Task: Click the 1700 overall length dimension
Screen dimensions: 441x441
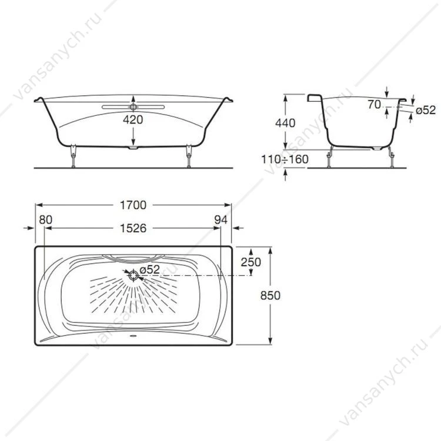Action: (x=133, y=205)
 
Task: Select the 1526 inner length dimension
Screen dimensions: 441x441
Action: (x=133, y=228)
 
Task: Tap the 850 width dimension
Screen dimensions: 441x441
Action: (x=270, y=295)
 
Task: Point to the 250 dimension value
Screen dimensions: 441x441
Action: (x=251, y=262)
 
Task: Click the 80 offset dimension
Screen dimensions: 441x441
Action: (x=45, y=220)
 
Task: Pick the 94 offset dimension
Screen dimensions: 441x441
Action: (x=220, y=220)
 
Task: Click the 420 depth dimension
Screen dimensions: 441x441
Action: (x=133, y=119)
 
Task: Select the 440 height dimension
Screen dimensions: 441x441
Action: (x=285, y=123)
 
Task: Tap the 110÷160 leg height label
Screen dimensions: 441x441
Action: (x=285, y=159)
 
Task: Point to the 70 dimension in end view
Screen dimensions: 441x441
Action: (x=375, y=105)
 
